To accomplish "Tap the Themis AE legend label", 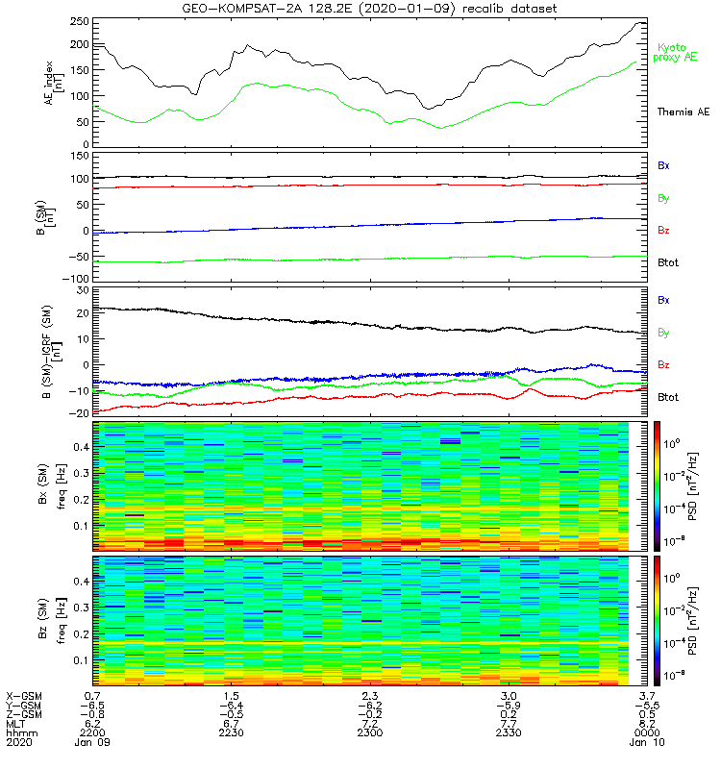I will (683, 112).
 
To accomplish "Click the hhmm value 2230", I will (230, 733).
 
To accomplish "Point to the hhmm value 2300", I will (370, 733).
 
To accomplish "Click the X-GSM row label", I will (23, 695).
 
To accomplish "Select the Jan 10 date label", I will (649, 743).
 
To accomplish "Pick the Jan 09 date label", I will (93, 743).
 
